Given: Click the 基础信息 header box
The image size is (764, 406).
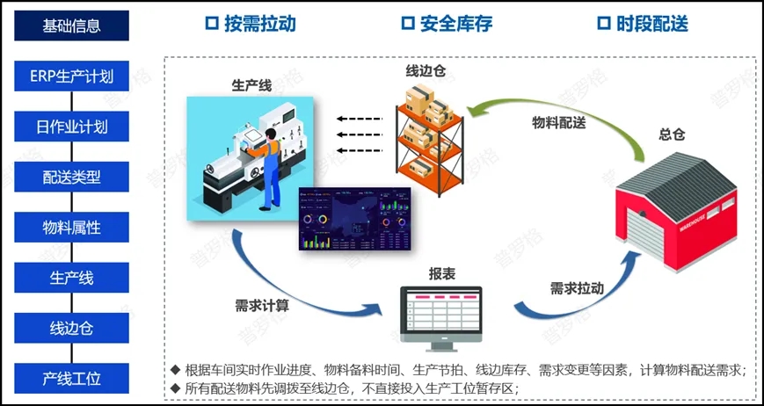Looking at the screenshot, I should [x=72, y=25].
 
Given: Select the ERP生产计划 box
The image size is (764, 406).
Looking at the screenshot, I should [x=72, y=76].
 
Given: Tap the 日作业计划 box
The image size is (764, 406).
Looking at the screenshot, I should [x=72, y=127].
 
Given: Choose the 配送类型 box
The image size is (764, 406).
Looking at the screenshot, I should [x=72, y=177].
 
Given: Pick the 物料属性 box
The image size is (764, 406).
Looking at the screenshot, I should [x=72, y=228].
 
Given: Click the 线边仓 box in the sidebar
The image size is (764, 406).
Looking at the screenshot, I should [x=72, y=329].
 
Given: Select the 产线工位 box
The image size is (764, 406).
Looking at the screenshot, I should [x=72, y=379].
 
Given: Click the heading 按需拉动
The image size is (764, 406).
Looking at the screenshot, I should [x=250, y=24].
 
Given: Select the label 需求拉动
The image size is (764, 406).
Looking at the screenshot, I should [x=577, y=288].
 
